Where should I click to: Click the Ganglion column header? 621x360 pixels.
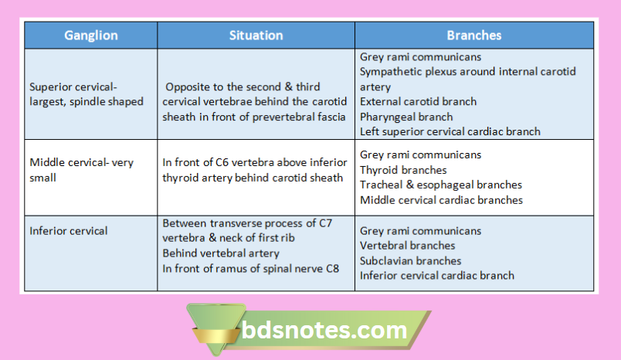click(90, 36)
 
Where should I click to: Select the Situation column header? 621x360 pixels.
click(256, 36)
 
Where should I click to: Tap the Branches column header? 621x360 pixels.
click(473, 36)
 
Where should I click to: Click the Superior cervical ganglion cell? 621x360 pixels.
click(86, 94)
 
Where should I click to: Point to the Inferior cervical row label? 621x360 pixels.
click(68, 230)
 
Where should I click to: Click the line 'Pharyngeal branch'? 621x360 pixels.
click(406, 117)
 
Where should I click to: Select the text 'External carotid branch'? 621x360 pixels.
click(418, 101)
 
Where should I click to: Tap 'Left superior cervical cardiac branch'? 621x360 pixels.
click(450, 131)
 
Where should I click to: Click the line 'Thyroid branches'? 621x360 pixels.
click(403, 170)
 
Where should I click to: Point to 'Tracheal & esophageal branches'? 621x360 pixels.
click(440, 185)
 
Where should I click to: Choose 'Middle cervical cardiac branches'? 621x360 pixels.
click(441, 199)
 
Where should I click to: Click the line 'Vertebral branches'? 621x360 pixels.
click(408, 246)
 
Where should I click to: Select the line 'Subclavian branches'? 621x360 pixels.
click(410, 260)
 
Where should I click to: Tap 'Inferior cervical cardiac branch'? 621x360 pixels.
click(437, 275)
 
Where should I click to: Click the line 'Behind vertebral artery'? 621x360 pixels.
click(220, 253)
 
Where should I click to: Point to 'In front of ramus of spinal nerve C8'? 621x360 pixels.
click(250, 268)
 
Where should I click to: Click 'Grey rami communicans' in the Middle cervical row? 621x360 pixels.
click(420, 155)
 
